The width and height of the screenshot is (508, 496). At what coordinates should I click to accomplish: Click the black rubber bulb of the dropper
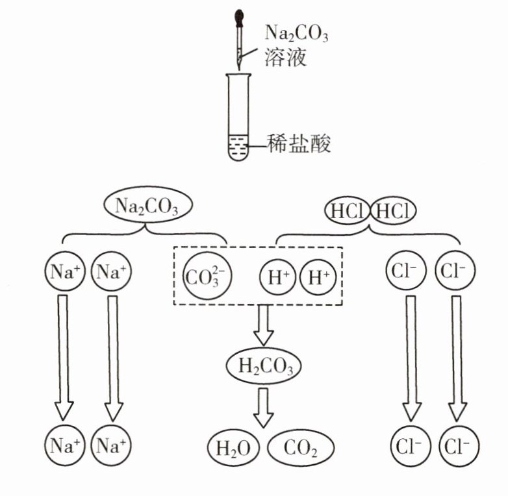click(x=240, y=18)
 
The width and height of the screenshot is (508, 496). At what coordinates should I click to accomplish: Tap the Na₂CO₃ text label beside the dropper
click(x=296, y=33)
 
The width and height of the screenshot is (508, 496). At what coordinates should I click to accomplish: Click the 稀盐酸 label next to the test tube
click(x=298, y=143)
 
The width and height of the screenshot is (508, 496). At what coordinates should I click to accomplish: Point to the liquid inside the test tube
click(x=239, y=147)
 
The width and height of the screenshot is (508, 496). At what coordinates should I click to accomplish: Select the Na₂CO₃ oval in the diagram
click(x=148, y=205)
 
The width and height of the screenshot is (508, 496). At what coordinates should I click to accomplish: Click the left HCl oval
click(x=348, y=212)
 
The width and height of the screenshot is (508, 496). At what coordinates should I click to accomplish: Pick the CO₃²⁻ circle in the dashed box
click(x=207, y=276)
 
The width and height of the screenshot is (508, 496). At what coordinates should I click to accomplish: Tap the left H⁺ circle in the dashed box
click(x=277, y=277)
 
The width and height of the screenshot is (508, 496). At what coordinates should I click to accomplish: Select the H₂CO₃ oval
click(x=264, y=366)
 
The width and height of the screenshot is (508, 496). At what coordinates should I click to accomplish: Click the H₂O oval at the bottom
click(x=234, y=448)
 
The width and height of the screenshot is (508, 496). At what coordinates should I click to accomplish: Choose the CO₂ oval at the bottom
click(x=301, y=448)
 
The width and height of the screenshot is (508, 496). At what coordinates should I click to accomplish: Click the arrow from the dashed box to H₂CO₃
click(x=263, y=325)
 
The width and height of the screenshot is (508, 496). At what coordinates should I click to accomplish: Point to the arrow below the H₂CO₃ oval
click(x=263, y=408)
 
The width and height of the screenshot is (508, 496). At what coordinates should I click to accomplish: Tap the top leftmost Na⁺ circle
click(x=64, y=271)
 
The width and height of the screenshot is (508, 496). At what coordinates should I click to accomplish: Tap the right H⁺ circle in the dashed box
click(x=318, y=277)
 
